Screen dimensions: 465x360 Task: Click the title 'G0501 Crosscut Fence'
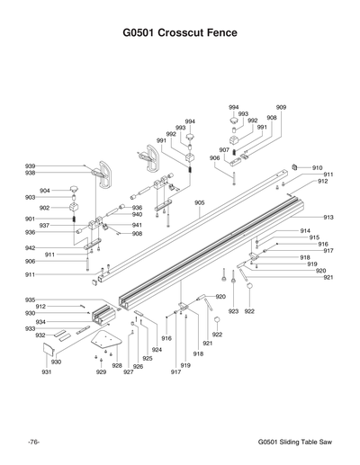[180, 33]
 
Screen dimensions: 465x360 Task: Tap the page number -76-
[33, 442]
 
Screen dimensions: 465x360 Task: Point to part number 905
[200, 203]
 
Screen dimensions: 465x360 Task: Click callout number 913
[328, 218]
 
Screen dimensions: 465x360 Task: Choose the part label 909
[281, 107]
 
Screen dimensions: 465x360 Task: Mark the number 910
[317, 168]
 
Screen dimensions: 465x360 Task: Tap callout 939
[30, 165]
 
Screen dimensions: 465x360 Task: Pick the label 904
[44, 190]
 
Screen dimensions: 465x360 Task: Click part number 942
[30, 247]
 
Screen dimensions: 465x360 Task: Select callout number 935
[30, 300]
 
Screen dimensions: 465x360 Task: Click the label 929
[101, 371]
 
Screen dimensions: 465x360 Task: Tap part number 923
[233, 311]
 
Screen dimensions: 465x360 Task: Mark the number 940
[137, 214]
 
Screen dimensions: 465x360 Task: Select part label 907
[224, 149]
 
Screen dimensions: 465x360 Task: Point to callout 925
[148, 358]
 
